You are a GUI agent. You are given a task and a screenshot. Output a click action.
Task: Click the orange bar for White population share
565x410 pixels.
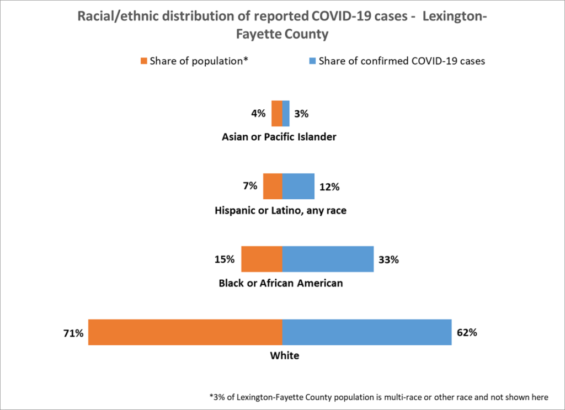(185, 332)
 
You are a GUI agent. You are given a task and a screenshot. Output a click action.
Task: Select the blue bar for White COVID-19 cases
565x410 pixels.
(367, 332)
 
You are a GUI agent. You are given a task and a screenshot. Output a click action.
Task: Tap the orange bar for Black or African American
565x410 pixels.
(262, 259)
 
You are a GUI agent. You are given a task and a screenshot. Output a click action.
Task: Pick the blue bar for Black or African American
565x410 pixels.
(328, 259)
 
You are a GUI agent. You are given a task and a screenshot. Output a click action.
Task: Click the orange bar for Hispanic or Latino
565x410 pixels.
(273, 186)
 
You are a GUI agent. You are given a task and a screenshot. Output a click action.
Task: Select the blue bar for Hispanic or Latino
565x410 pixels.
(298, 186)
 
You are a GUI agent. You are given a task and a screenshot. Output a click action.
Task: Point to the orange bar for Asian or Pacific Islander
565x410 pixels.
(276, 114)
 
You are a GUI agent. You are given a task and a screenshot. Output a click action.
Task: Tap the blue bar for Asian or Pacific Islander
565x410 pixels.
(286, 114)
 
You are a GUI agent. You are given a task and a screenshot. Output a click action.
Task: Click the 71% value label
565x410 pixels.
(73, 333)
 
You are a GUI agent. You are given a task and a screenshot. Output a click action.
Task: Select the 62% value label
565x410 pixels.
(466, 333)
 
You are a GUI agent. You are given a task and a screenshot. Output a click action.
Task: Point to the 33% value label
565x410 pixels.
(388, 259)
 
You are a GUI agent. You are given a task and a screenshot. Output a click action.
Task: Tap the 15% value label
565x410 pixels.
(225, 259)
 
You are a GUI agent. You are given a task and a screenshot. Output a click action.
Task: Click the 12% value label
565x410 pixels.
(329, 187)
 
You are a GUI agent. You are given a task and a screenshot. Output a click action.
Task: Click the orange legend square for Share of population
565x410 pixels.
(145, 61)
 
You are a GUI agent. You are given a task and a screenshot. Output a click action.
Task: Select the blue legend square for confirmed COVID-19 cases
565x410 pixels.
(312, 61)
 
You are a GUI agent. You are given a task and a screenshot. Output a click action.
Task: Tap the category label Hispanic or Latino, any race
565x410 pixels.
(280, 210)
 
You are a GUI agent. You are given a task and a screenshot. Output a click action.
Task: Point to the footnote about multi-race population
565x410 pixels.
(379, 396)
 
